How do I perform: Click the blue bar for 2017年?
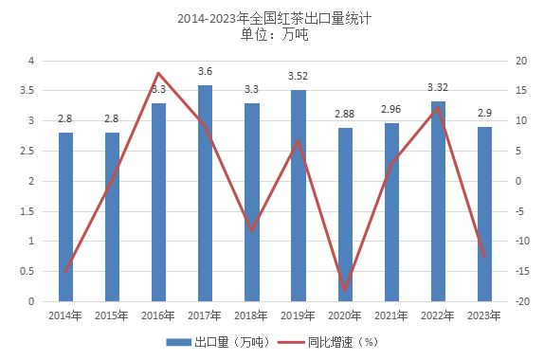click(205, 193)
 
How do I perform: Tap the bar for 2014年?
click(65, 217)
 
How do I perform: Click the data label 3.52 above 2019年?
click(299, 77)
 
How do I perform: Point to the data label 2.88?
click(345, 115)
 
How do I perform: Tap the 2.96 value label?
click(391, 110)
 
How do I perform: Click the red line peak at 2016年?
click(158, 73)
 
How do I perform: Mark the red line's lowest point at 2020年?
click(345, 290)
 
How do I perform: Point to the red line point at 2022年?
click(438, 107)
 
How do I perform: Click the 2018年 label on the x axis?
click(251, 315)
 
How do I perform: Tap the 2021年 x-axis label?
click(391, 315)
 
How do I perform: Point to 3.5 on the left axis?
click(27, 91)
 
